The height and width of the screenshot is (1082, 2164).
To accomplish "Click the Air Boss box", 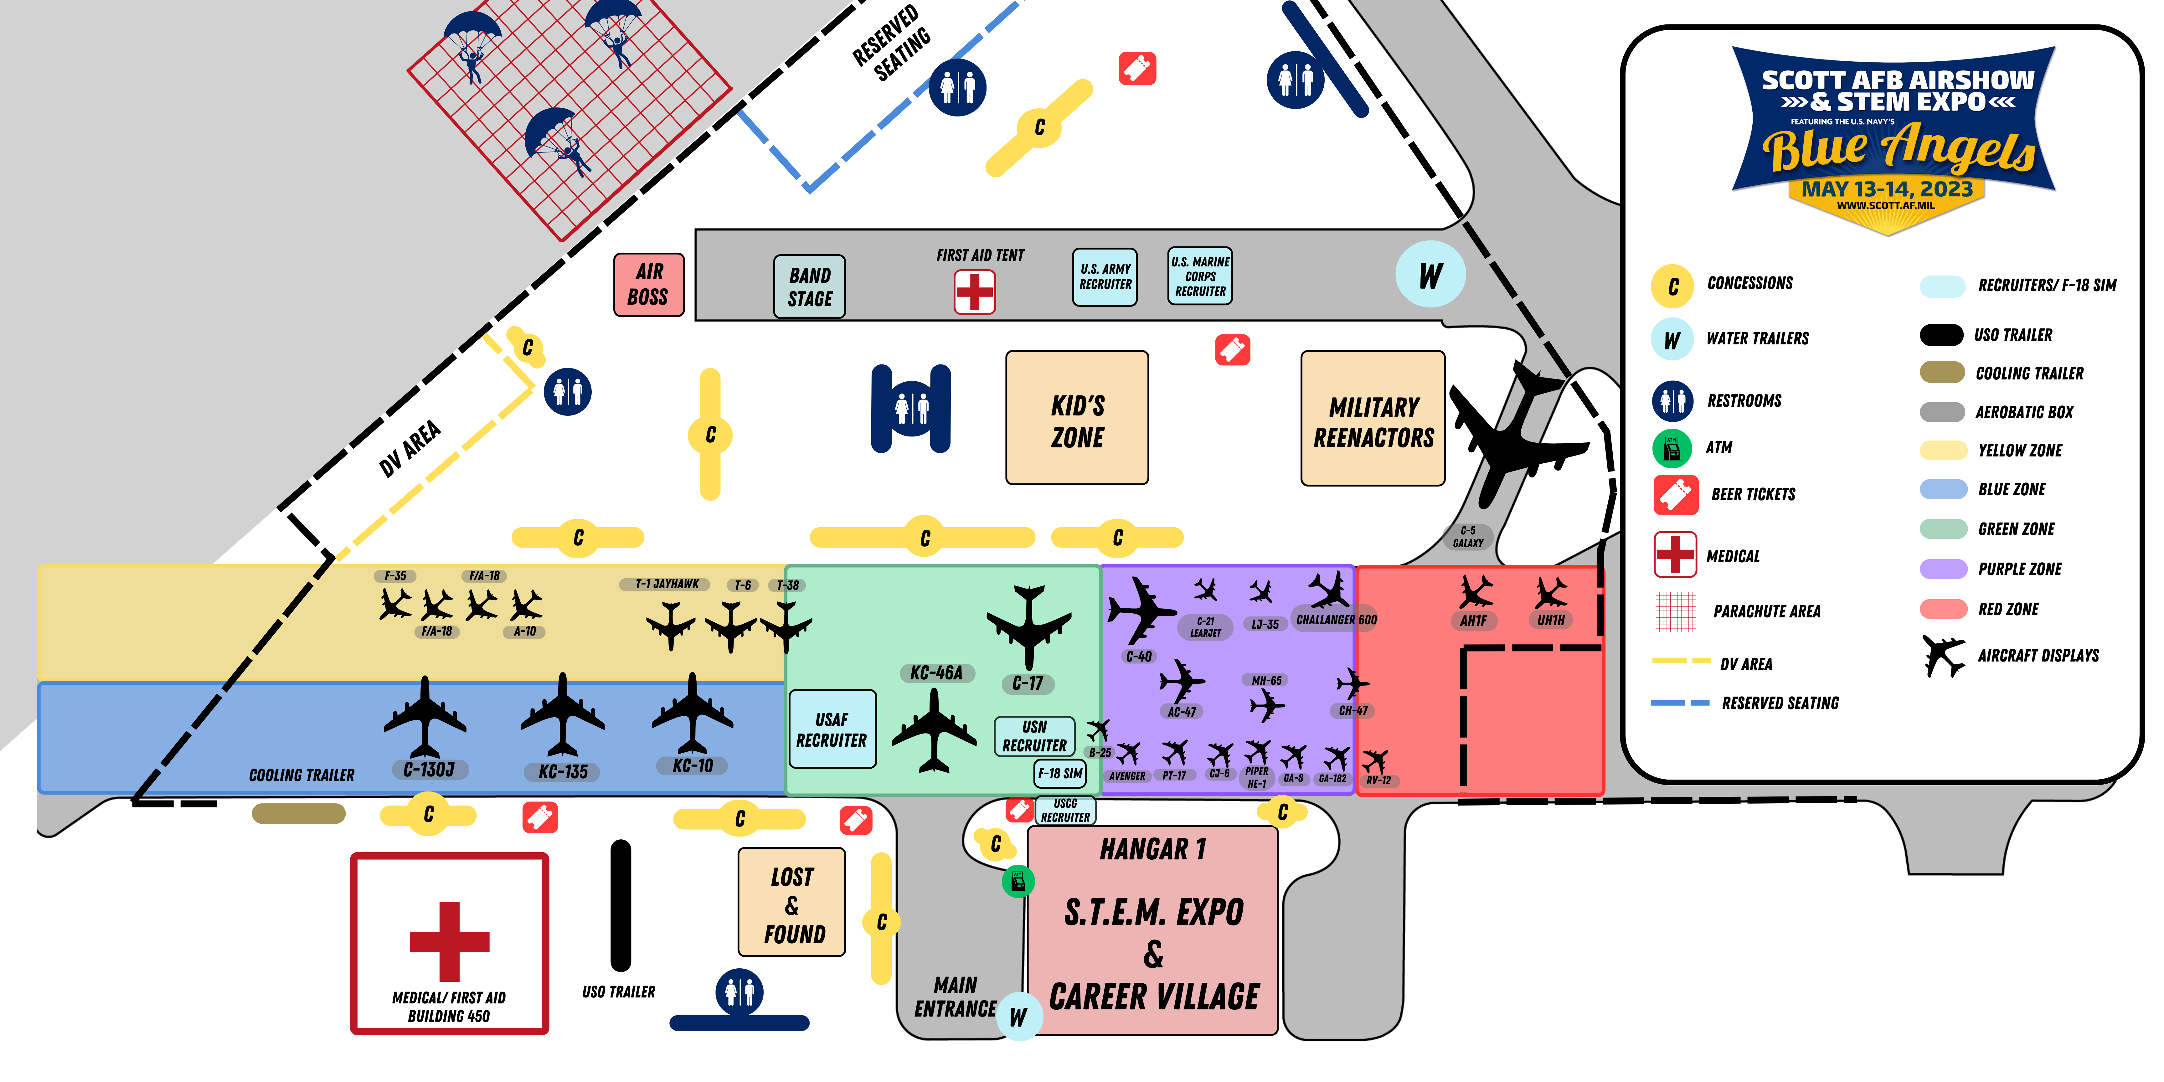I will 648,285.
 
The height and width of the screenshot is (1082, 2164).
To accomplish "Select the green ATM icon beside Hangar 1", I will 1018,881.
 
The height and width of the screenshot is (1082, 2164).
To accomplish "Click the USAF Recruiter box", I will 832,729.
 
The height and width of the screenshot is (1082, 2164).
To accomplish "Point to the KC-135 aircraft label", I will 563,771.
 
